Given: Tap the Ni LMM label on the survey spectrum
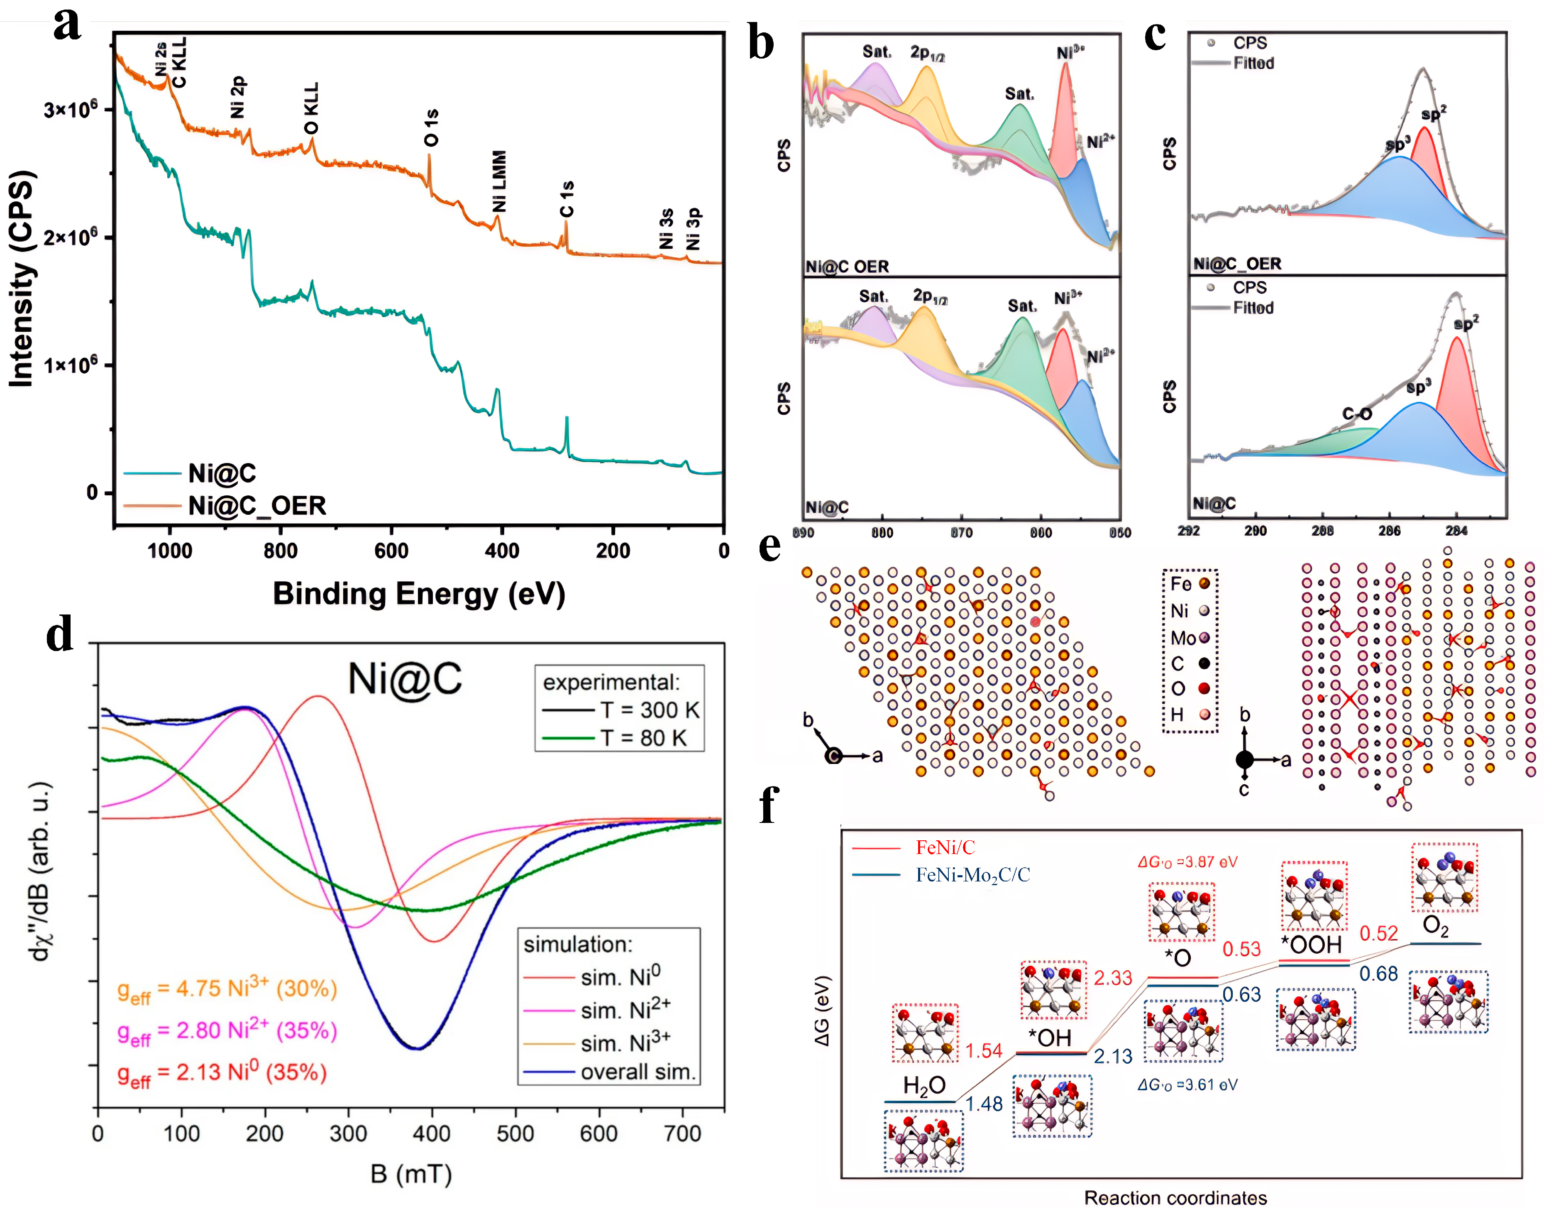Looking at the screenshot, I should point(499,181).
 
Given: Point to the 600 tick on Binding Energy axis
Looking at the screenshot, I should point(391,551).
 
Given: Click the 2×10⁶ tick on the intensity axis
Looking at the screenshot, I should point(70,237).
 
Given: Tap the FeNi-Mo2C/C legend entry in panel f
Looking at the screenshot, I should point(972,874).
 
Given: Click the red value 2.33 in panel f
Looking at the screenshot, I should point(1112,978).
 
